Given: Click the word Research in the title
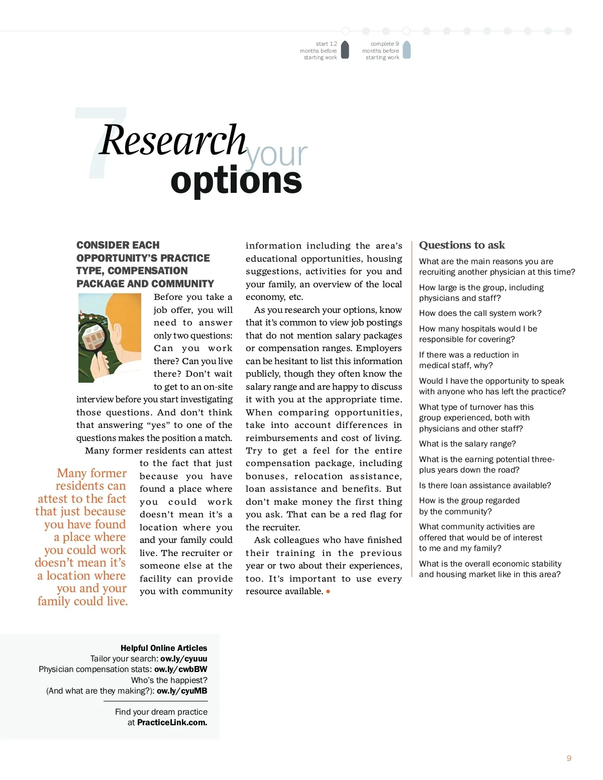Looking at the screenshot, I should click(x=173, y=141).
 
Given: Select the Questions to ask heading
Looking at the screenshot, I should click(x=462, y=245).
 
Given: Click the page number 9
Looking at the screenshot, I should click(x=569, y=758).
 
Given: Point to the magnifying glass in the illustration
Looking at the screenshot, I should click(x=94, y=340).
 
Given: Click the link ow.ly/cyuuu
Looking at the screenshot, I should click(x=184, y=658).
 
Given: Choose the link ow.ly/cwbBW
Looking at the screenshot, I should click(x=180, y=669).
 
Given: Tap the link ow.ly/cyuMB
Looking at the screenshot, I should click(x=182, y=691).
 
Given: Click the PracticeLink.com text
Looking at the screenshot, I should click(x=172, y=722).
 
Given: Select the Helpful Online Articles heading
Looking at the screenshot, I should click(x=164, y=648).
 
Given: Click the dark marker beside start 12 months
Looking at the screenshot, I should click(x=345, y=50).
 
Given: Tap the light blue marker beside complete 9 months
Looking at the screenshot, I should click(x=407, y=50).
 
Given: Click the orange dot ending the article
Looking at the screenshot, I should click(x=328, y=592).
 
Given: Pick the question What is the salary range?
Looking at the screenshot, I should click(x=467, y=444).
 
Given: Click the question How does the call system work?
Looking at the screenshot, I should click(x=480, y=313).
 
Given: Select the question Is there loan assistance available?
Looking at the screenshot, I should click(x=485, y=486).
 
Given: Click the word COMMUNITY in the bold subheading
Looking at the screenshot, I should click(x=182, y=284).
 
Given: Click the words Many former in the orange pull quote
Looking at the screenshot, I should click(x=91, y=473).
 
